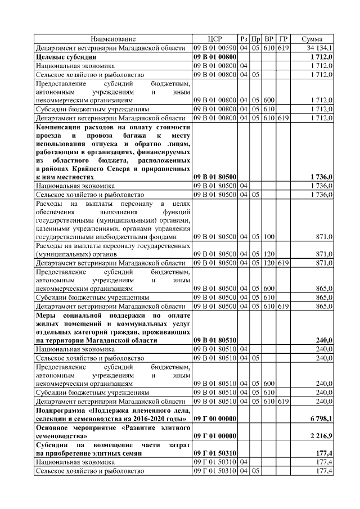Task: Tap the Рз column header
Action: coord(244,39)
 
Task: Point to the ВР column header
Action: coord(269,39)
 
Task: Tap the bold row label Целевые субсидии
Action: coord(66,57)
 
